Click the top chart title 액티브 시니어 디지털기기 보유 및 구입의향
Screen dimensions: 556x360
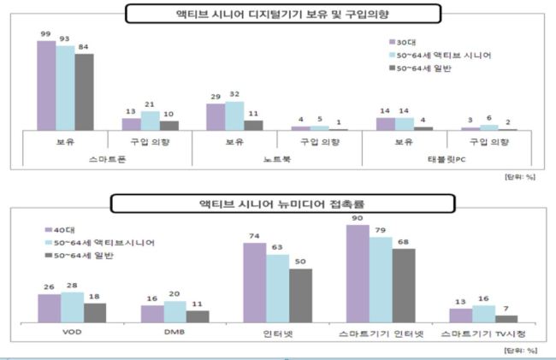tap(282, 15)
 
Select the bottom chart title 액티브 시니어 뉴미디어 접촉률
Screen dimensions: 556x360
tap(282, 204)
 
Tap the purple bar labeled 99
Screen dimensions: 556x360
tap(46, 86)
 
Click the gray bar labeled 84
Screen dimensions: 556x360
tap(84, 92)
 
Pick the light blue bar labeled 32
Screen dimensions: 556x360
tap(234, 115)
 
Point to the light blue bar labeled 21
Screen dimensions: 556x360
tap(150, 121)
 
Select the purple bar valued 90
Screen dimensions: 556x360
tap(358, 274)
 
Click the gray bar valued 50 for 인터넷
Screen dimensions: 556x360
tap(301, 296)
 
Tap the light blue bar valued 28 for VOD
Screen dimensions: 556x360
tap(73, 307)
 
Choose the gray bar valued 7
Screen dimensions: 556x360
tap(506, 319)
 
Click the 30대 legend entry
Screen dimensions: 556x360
tap(403, 42)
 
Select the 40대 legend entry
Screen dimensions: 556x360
tap(60, 230)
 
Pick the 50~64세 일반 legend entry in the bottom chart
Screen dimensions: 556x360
tap(79, 256)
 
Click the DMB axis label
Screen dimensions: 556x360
tap(174, 332)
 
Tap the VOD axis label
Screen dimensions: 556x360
tap(72, 332)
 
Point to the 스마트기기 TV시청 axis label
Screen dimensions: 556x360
tap(483, 333)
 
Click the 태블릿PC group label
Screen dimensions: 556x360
tap(447, 159)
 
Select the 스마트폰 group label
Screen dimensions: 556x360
tap(107, 159)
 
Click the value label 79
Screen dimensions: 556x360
tap(381, 230)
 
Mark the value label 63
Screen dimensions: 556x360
tap(277, 247)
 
